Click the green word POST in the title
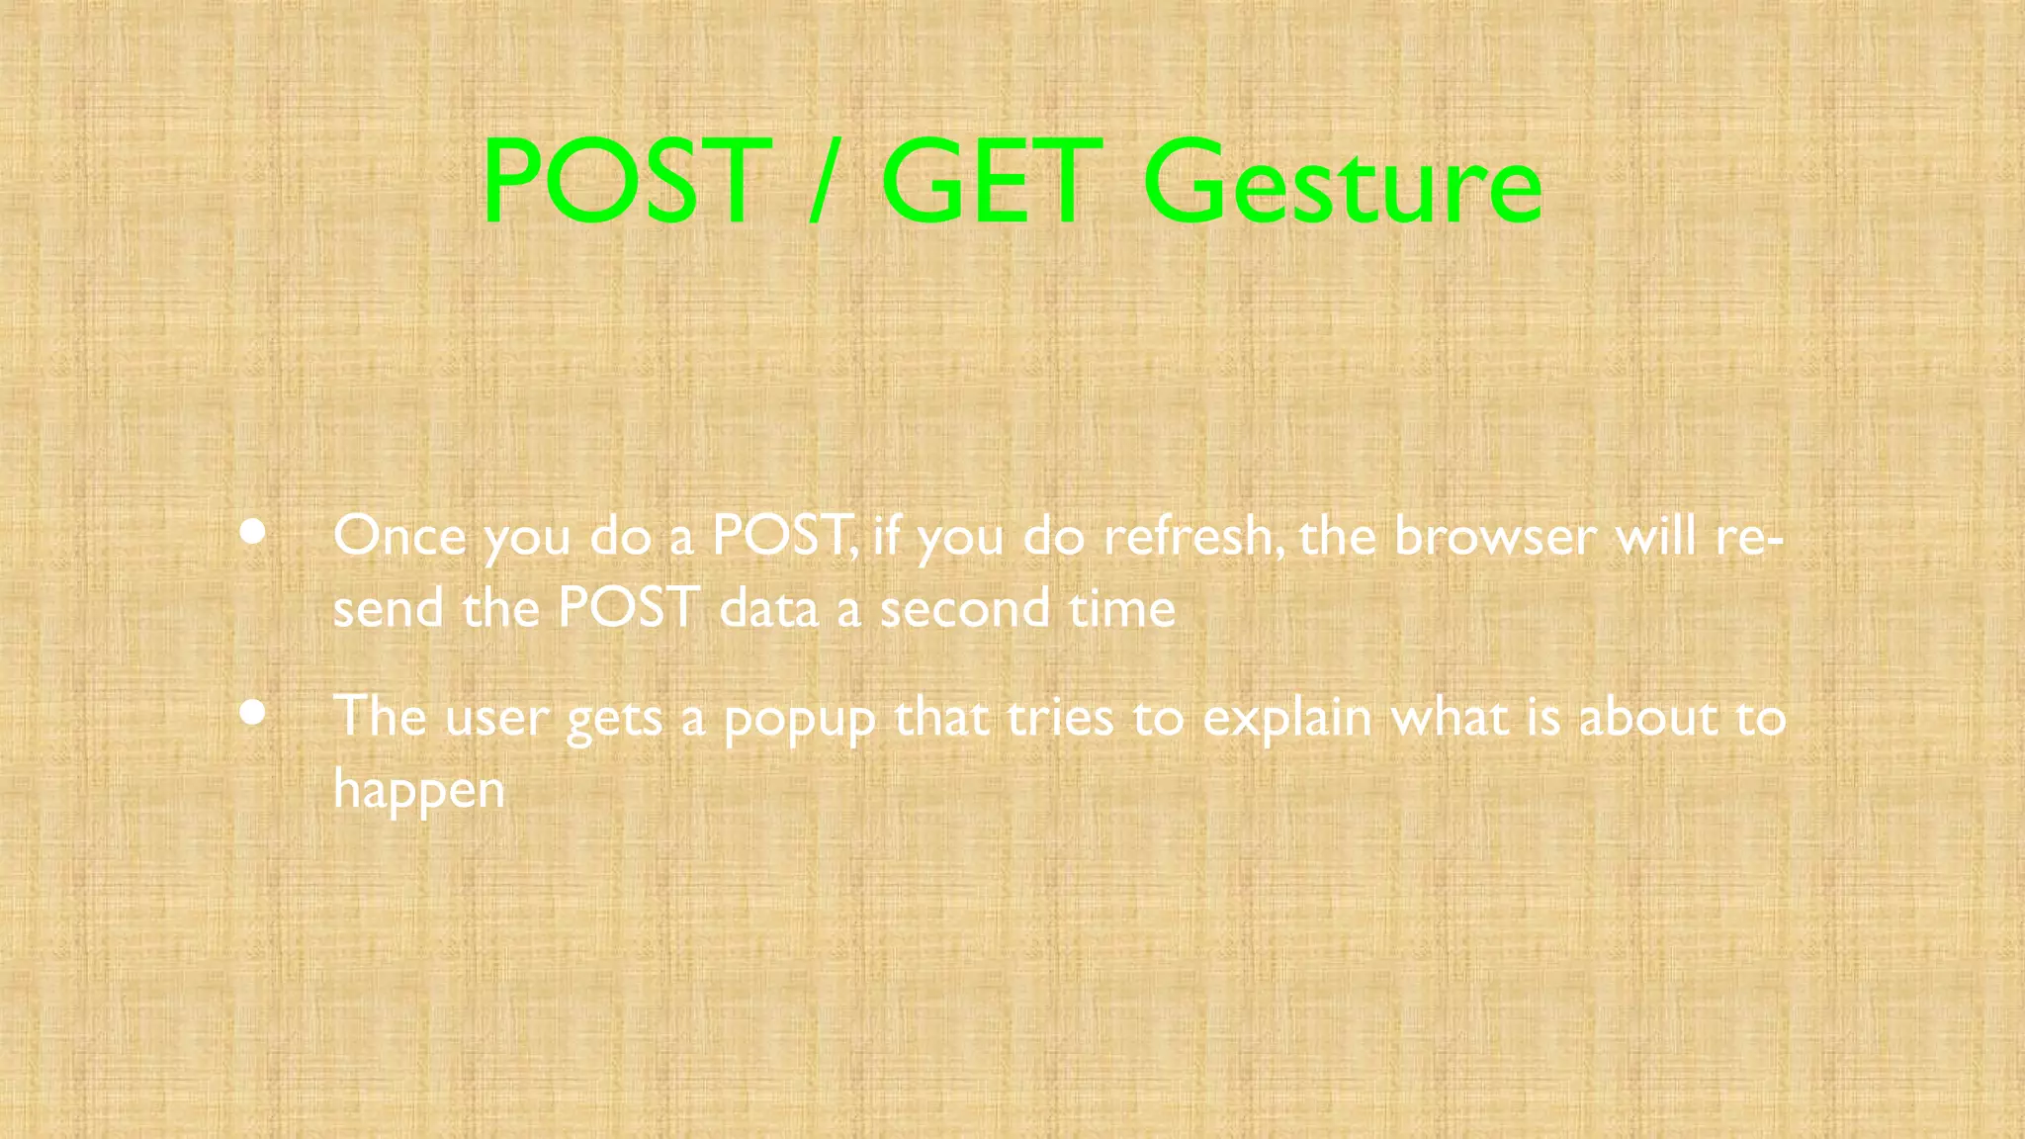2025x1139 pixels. [x=626, y=182]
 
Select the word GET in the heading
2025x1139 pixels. [x=992, y=182]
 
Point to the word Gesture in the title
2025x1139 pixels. [x=1342, y=184]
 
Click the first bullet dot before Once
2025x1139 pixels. [x=253, y=532]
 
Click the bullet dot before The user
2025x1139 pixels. [x=253, y=712]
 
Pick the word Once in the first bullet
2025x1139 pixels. [x=399, y=537]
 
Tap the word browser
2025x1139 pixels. [x=1494, y=537]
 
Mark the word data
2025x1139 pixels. [x=768, y=609]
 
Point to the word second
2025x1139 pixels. [x=965, y=609]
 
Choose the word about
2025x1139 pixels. [x=1647, y=718]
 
